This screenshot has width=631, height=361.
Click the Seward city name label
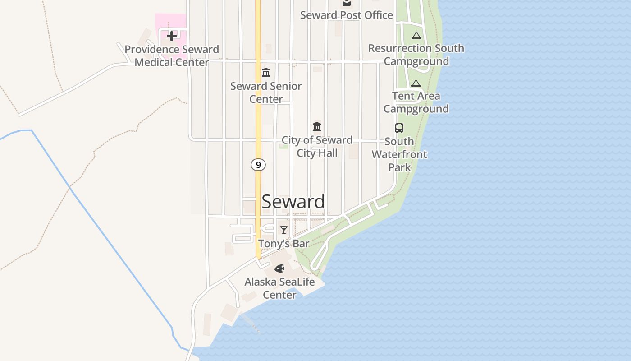point(293,202)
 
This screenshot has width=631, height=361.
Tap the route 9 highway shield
point(258,165)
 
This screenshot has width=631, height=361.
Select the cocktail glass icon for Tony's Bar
point(283,230)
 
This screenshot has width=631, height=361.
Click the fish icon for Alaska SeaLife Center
point(279,268)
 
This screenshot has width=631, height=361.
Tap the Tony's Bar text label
point(283,244)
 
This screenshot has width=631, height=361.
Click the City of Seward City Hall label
point(317,147)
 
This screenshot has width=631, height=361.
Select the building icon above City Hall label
point(317,126)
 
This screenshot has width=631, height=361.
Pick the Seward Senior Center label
point(266,93)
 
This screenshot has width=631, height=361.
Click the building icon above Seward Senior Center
point(266,72)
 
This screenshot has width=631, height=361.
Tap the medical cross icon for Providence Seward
point(172,36)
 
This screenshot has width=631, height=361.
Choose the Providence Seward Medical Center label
point(172,56)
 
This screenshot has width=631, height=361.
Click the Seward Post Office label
point(346,15)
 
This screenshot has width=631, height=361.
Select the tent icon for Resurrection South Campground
point(416,35)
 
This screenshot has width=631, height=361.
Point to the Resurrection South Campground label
point(416,55)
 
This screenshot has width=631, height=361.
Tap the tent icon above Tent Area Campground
point(416,83)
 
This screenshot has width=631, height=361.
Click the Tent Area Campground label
point(416,102)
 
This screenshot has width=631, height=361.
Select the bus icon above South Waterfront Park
point(399,128)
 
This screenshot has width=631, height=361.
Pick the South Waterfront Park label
point(399,154)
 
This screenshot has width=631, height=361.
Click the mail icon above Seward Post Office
point(346,3)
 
